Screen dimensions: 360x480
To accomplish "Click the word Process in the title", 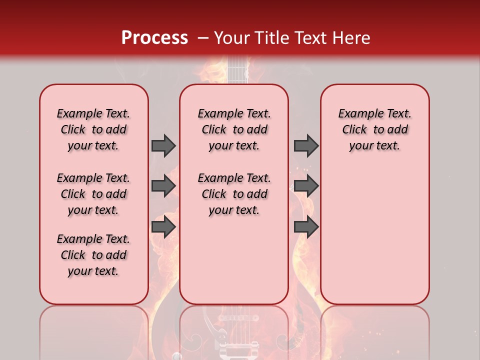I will pyautogui.click(x=154, y=38).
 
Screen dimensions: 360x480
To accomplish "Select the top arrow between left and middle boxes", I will pyautogui.click(x=163, y=145).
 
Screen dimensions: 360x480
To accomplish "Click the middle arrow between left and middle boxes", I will pyautogui.click(x=163, y=186).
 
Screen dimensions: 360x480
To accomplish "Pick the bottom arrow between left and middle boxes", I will pyautogui.click(x=163, y=227).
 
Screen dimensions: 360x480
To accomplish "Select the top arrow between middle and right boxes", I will pyautogui.click(x=305, y=145).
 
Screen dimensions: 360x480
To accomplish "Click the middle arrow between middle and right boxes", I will pyautogui.click(x=305, y=186).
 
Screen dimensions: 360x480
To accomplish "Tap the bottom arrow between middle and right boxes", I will pyautogui.click(x=305, y=227).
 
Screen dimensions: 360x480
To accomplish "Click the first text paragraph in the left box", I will pyautogui.click(x=93, y=129).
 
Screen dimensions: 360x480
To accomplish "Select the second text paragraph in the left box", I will pyautogui.click(x=93, y=194).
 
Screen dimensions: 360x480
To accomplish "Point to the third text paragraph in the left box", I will pyautogui.click(x=93, y=255).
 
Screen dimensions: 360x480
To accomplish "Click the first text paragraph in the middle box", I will pyautogui.click(x=234, y=129).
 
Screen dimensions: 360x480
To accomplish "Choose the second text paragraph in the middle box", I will pyautogui.click(x=234, y=194).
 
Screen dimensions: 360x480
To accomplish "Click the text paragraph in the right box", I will pyautogui.click(x=374, y=129).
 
